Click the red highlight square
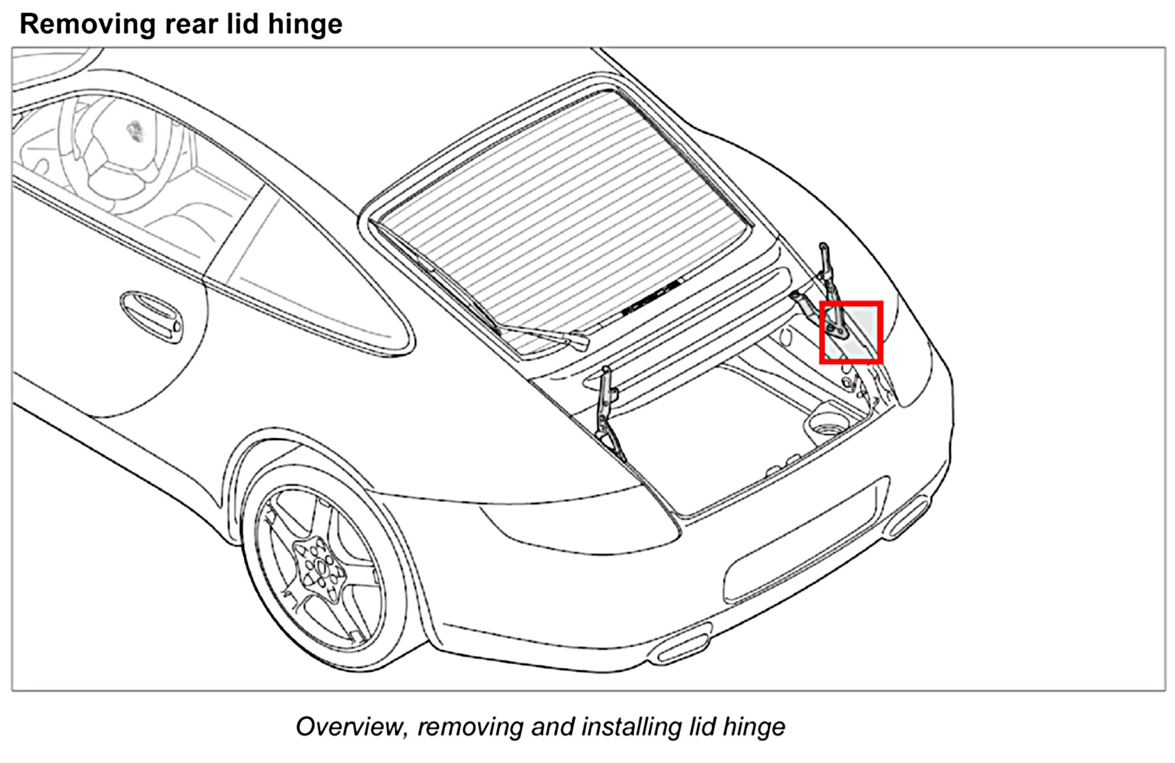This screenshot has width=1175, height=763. [x=851, y=332]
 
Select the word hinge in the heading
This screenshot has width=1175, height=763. [x=306, y=25]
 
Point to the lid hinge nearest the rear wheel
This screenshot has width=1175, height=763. [x=607, y=413]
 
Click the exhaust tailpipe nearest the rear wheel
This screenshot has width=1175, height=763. [x=681, y=644]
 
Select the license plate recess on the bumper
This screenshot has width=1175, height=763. [x=801, y=542]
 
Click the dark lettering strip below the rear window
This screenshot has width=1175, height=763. [x=650, y=296]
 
